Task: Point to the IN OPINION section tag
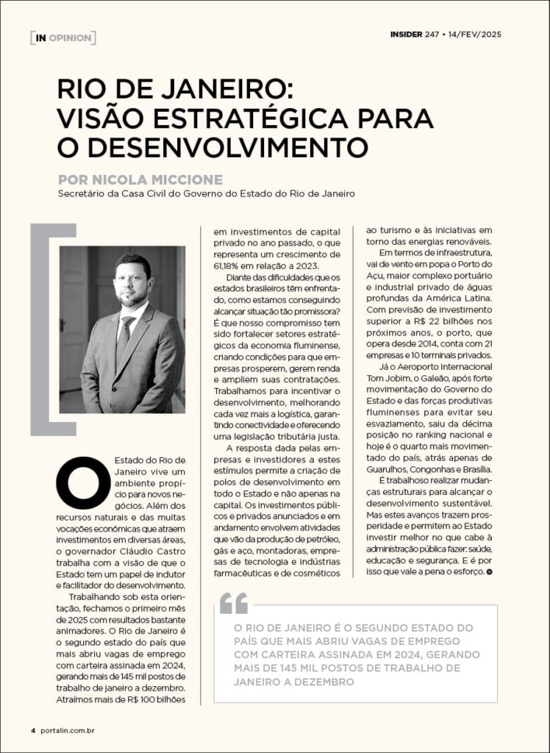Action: click(x=63, y=37)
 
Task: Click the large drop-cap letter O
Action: click(x=83, y=482)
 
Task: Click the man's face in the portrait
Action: click(x=132, y=280)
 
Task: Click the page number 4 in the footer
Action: click(x=33, y=730)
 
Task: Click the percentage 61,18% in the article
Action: click(x=228, y=265)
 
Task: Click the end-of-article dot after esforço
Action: click(x=489, y=571)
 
